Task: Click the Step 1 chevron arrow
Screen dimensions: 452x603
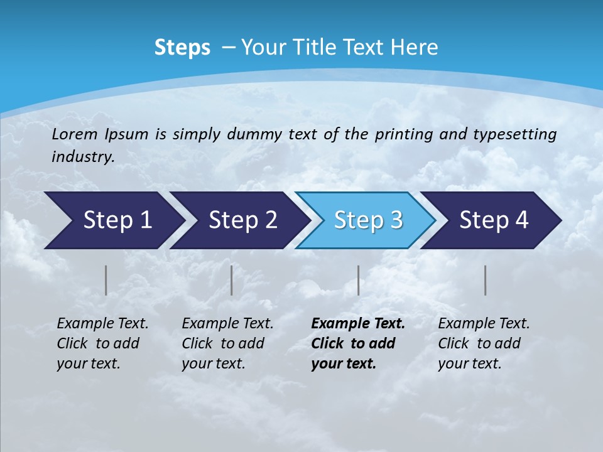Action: [113, 220]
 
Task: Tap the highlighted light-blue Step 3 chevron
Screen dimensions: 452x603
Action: [366, 220]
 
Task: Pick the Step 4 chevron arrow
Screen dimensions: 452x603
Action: [492, 220]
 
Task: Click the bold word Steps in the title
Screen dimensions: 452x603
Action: [182, 48]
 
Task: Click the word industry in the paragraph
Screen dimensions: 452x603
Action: [82, 157]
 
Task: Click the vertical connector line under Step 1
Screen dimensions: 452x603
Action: [106, 280]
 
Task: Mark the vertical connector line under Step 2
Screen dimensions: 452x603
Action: [232, 280]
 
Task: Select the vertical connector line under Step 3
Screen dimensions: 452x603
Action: [359, 280]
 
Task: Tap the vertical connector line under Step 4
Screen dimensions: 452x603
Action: [486, 280]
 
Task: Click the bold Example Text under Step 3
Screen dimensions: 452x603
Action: [358, 324]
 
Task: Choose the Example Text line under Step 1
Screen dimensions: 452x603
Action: [102, 324]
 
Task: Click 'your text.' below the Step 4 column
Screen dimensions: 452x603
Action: [470, 363]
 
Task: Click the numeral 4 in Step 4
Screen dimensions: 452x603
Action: [521, 220]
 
